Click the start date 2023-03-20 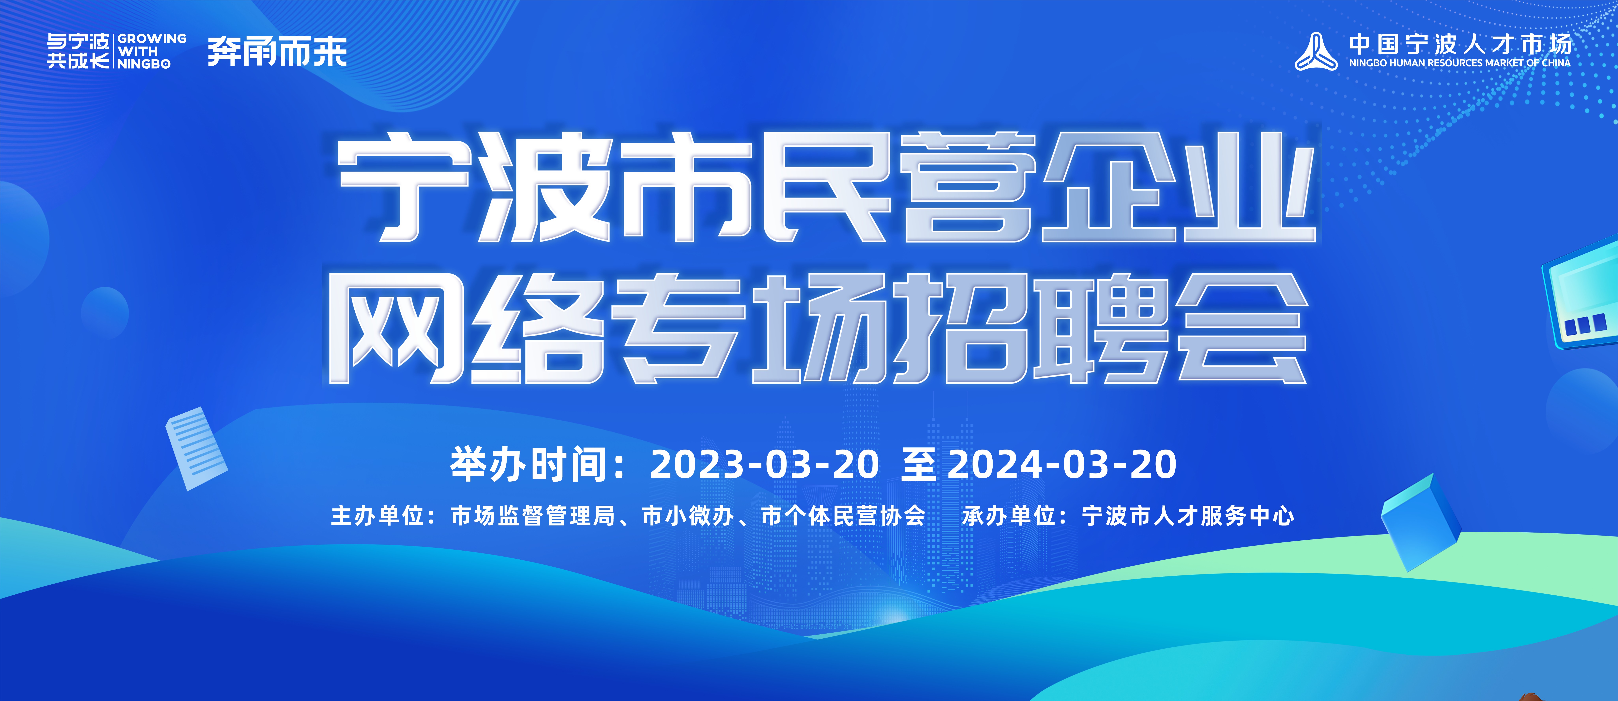(764, 465)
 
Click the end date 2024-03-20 (1061, 465)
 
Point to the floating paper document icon (196, 448)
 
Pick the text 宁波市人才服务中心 (1188, 516)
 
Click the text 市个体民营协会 (844, 516)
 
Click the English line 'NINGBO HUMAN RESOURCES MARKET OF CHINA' (1460, 63)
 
